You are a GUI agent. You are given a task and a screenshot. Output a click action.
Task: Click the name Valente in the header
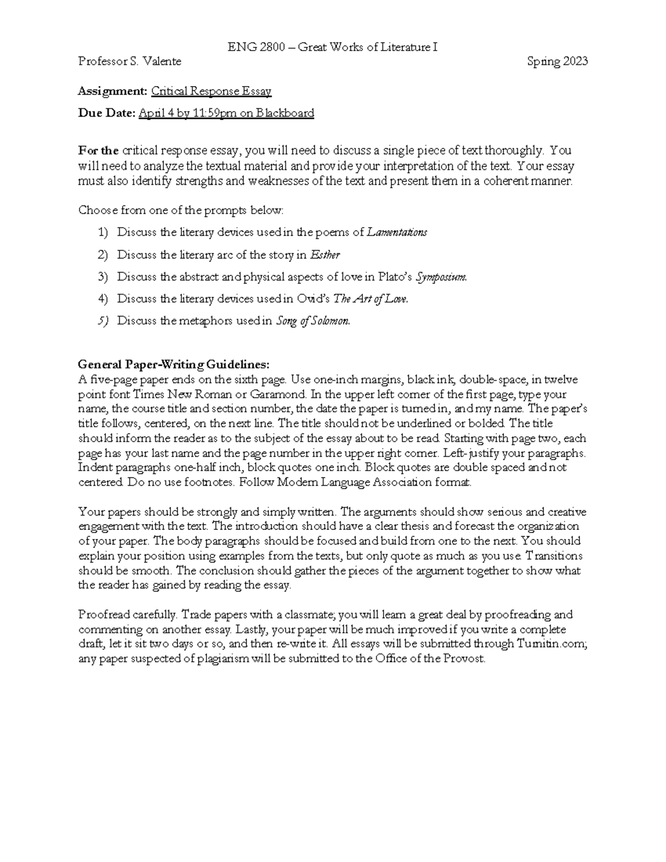pyautogui.click(x=162, y=62)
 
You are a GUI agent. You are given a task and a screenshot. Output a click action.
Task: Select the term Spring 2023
pyautogui.click(x=557, y=62)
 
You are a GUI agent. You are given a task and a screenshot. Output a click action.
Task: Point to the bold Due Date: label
pyautogui.click(x=107, y=113)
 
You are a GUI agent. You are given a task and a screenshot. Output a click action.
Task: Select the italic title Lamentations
pyautogui.click(x=397, y=233)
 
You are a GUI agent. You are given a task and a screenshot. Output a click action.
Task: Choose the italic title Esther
pyautogui.click(x=325, y=255)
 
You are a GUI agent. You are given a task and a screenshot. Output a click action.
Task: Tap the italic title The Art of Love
pyautogui.click(x=370, y=299)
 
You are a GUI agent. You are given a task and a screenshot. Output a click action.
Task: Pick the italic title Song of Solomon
pyautogui.click(x=313, y=321)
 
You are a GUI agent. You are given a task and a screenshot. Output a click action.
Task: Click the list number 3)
pyautogui.click(x=103, y=277)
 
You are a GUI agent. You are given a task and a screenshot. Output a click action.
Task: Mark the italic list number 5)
pyautogui.click(x=103, y=321)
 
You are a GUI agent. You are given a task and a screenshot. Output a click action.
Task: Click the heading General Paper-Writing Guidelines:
pyautogui.click(x=174, y=365)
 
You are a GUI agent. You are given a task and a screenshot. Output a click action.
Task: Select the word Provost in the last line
pyautogui.click(x=463, y=659)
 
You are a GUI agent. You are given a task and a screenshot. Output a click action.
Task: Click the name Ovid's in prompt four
pyautogui.click(x=314, y=299)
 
